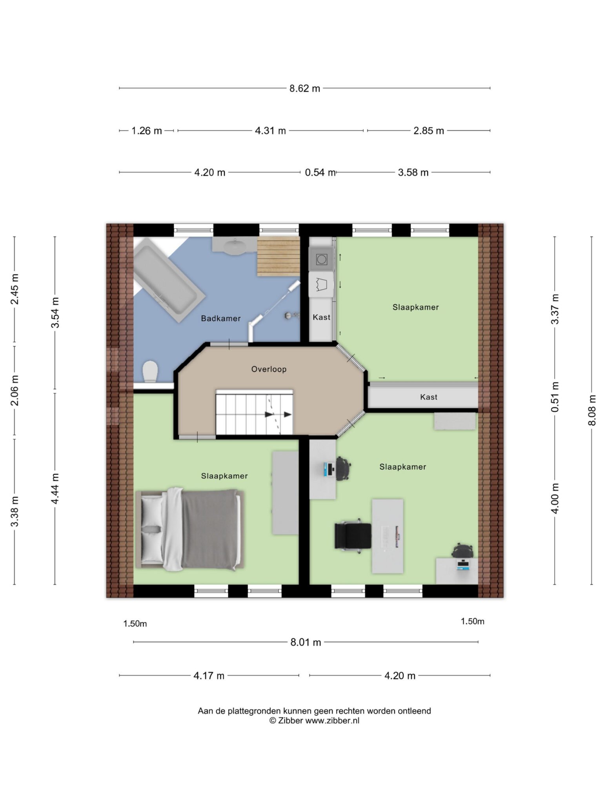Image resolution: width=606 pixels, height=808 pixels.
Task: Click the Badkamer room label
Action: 220,318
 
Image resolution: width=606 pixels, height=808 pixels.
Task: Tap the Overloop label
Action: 269,369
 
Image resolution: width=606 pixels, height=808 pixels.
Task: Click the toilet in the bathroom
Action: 150,371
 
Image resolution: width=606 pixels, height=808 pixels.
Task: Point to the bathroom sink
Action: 235,246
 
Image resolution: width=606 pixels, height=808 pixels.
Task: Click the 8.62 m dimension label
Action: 305,89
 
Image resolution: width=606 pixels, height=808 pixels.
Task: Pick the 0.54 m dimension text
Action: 320,173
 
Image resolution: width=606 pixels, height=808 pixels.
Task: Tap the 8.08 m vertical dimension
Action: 592,410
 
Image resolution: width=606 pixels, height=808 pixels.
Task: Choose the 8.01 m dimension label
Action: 306,642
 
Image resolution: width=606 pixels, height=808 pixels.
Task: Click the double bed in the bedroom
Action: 190,529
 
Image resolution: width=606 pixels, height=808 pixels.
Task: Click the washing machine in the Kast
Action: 321,259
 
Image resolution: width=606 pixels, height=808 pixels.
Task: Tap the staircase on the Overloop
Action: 254,412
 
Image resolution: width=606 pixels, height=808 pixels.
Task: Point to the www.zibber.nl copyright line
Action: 314,721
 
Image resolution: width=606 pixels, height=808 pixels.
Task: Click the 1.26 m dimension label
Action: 146,131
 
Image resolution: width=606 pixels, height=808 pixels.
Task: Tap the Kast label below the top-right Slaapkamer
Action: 428,397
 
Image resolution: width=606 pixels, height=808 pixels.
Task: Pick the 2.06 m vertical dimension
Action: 15,391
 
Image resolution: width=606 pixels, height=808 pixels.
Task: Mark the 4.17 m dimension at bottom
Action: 209,675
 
